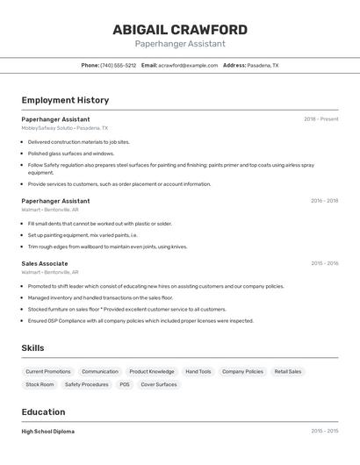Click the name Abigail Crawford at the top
(x=180, y=30)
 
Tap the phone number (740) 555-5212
(x=119, y=66)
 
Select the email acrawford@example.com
(x=188, y=66)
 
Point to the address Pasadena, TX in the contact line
(x=263, y=66)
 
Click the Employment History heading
(x=65, y=100)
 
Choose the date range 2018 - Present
(x=320, y=119)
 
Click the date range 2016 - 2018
(x=324, y=201)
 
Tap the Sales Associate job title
(x=45, y=263)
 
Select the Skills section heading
(x=32, y=348)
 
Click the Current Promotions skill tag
(x=48, y=372)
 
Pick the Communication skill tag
(x=100, y=372)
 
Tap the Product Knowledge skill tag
(x=152, y=372)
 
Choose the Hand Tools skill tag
(x=198, y=372)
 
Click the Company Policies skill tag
(x=242, y=372)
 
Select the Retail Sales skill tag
(x=288, y=372)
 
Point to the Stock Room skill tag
(x=40, y=384)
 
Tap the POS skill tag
(x=125, y=384)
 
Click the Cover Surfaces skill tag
(x=159, y=384)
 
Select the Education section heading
(x=43, y=412)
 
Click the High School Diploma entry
(x=48, y=432)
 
